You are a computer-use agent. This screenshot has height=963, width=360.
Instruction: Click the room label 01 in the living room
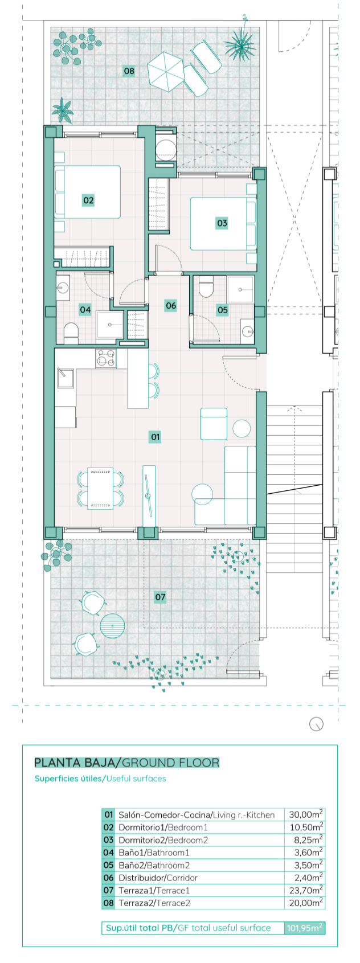[x=156, y=437]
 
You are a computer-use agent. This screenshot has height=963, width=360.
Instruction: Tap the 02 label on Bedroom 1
[x=88, y=200]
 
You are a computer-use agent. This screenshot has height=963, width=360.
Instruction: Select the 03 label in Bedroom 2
[x=222, y=223]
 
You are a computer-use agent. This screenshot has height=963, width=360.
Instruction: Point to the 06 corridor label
[x=171, y=305]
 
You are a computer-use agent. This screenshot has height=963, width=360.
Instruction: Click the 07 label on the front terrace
[x=160, y=597]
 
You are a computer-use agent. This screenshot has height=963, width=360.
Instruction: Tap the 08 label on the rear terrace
[x=129, y=71]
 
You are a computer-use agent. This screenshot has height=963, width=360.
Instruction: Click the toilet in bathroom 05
[x=206, y=287]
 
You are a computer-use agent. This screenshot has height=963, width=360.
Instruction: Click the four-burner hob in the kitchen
[x=106, y=358]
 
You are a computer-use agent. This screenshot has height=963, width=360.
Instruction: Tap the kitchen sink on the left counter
[x=64, y=378]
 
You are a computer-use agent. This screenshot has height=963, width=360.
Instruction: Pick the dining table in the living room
[x=100, y=488]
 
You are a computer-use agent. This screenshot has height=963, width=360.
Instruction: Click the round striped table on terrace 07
[x=112, y=626]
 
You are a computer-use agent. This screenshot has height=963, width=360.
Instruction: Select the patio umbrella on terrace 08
[x=166, y=71]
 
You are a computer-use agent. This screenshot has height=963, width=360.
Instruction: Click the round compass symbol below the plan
[x=316, y=724]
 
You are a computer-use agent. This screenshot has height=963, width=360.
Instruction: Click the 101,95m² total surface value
[x=305, y=928]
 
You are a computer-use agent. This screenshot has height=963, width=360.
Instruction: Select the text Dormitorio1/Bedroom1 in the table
[x=163, y=827]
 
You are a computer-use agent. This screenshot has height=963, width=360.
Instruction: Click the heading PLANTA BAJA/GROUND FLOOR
[x=126, y=763]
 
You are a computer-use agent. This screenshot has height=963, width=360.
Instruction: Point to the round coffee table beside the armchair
[x=242, y=428]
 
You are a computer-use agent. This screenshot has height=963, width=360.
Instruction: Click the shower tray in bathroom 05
[x=241, y=289]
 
